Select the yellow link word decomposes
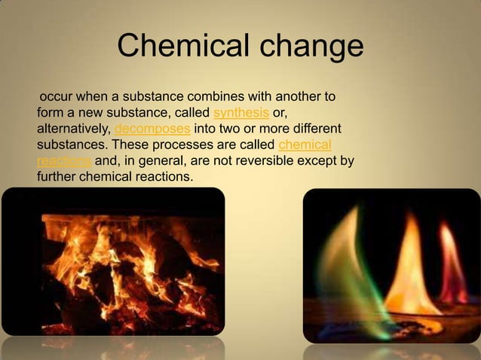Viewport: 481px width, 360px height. [x=154, y=129]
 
